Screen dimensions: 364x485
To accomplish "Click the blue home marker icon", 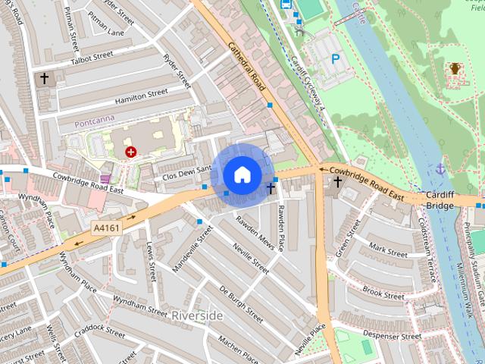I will click(242, 174).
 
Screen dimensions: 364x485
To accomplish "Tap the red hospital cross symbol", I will click(130, 152).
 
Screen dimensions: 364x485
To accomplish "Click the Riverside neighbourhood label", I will click(197, 315).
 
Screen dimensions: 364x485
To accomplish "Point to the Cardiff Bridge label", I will click(440, 200).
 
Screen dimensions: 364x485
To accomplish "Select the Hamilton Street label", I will click(141, 96).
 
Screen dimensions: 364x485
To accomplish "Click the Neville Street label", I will click(251, 259).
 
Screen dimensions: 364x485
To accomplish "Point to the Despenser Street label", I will click(391, 335).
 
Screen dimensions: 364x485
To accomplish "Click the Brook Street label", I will click(383, 292).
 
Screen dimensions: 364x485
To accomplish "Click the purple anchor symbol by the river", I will click(440, 168).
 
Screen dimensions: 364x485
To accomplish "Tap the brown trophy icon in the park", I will click(455, 68).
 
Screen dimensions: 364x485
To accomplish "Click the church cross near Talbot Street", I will click(44, 78).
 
